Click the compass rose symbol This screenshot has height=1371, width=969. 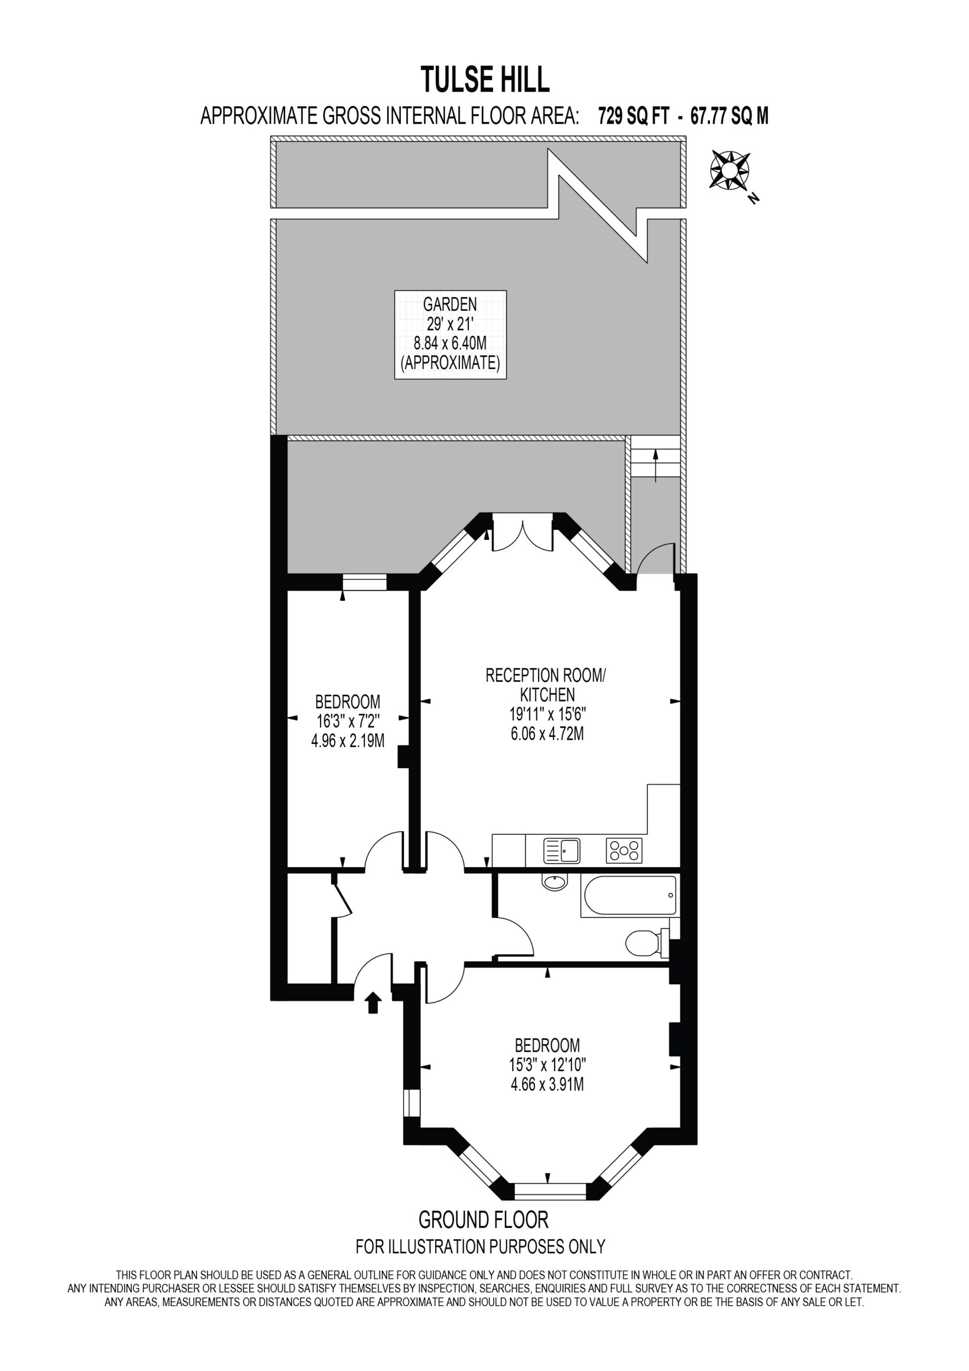730,170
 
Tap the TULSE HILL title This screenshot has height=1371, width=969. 485,80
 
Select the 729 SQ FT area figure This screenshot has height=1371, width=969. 634,116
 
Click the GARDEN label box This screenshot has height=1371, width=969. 450,334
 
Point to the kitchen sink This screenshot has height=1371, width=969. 561,850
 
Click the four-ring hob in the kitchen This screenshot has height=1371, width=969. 624,850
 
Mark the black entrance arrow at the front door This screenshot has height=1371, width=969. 373,1003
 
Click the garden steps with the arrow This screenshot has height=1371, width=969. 656,456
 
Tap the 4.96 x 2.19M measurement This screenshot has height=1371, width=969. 347,741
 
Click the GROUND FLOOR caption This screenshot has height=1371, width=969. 483,1219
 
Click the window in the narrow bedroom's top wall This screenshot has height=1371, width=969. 364,582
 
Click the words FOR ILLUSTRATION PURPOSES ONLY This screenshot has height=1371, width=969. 481,1247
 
